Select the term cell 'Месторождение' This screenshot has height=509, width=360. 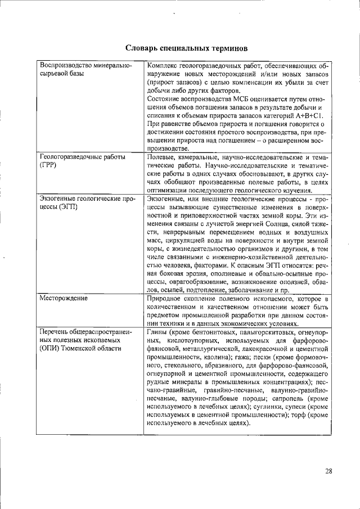click(x=63, y=298)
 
